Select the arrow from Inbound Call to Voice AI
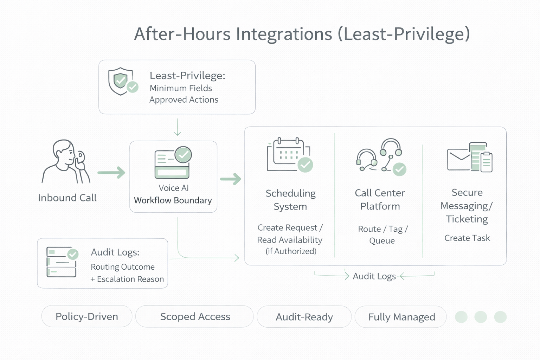[111, 173]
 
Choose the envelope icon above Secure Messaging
[459, 159]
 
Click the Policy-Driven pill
[87, 316]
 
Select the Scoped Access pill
[195, 316]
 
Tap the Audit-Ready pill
[304, 317]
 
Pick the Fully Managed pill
[401, 317]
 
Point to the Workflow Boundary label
[173, 200]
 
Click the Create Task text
[467, 238]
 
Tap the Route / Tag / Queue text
[382, 234]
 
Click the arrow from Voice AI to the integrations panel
[231, 179]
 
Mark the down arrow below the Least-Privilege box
[178, 127]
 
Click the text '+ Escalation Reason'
[127, 279]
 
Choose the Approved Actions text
[184, 100]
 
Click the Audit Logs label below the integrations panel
[374, 276]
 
